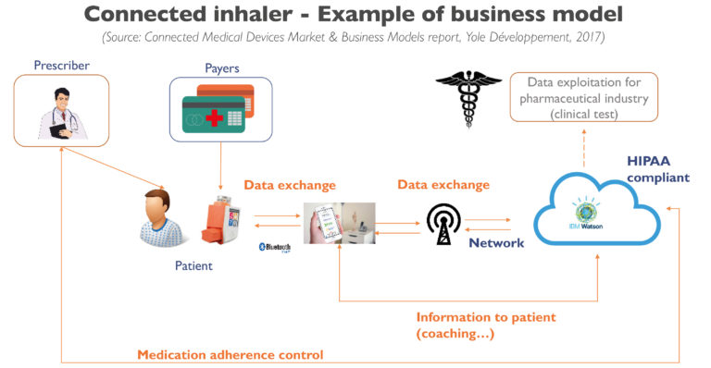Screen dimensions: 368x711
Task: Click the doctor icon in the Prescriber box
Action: [60, 113]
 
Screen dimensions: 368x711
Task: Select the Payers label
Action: [222, 67]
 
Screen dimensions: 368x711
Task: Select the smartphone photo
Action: [340, 223]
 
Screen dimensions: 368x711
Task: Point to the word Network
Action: [496, 243]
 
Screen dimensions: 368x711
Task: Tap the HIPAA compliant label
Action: [656, 168]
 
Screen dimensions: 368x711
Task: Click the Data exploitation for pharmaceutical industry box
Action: [588, 98]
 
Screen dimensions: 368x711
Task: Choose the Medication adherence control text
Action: [231, 354]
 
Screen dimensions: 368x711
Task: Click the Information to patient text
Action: [485, 325]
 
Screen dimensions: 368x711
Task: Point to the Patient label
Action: [193, 266]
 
